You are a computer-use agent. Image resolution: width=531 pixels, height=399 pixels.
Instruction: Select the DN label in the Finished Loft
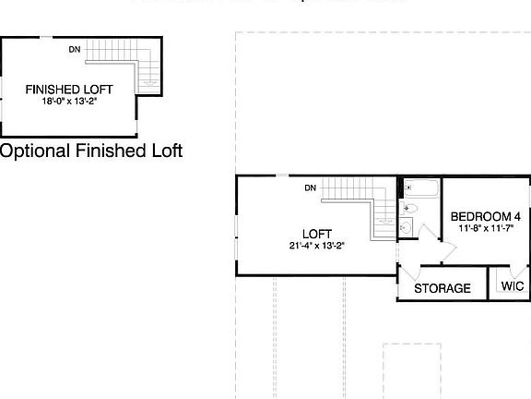coord(75,49)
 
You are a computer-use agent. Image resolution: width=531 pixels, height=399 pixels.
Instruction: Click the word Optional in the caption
coord(34,151)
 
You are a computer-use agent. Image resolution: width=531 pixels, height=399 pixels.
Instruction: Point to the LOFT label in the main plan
coord(316,234)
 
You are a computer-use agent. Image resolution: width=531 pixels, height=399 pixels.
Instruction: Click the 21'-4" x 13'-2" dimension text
coord(316,246)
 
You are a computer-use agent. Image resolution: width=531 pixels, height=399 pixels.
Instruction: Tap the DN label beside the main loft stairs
coord(311,188)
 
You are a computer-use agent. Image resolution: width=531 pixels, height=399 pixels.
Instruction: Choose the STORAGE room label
coord(442,288)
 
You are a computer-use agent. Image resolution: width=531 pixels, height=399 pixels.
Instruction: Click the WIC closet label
coord(513,287)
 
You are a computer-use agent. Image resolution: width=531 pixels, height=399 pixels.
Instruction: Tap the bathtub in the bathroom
coord(423,188)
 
